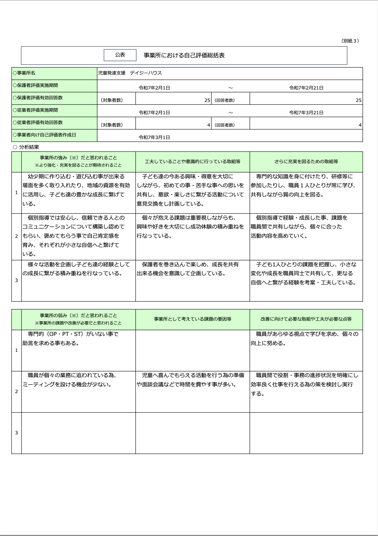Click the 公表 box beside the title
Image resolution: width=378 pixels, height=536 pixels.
120,55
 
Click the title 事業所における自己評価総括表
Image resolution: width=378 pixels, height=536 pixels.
184,55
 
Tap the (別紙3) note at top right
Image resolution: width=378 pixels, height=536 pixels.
350,41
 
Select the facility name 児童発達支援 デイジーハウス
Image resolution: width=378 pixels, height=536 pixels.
130,73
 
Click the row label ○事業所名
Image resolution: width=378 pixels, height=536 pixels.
24,73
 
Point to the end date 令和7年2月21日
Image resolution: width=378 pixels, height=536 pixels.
306,88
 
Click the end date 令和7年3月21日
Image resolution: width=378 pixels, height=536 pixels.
306,113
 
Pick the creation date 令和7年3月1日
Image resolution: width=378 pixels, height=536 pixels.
154,137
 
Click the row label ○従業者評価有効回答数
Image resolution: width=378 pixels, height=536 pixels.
38,123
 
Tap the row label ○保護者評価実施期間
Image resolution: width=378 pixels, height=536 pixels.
35,85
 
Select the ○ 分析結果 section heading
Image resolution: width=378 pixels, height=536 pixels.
26,147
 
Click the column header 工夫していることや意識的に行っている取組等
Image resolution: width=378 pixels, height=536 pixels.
192,162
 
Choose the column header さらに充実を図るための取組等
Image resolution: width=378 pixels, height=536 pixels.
306,162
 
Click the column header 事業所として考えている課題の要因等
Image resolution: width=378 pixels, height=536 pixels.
192,319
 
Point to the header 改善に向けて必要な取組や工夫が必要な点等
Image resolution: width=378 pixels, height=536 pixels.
306,319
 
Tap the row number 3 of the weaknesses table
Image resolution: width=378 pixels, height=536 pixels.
17,433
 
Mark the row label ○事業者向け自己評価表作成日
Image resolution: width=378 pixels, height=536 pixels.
45,135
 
